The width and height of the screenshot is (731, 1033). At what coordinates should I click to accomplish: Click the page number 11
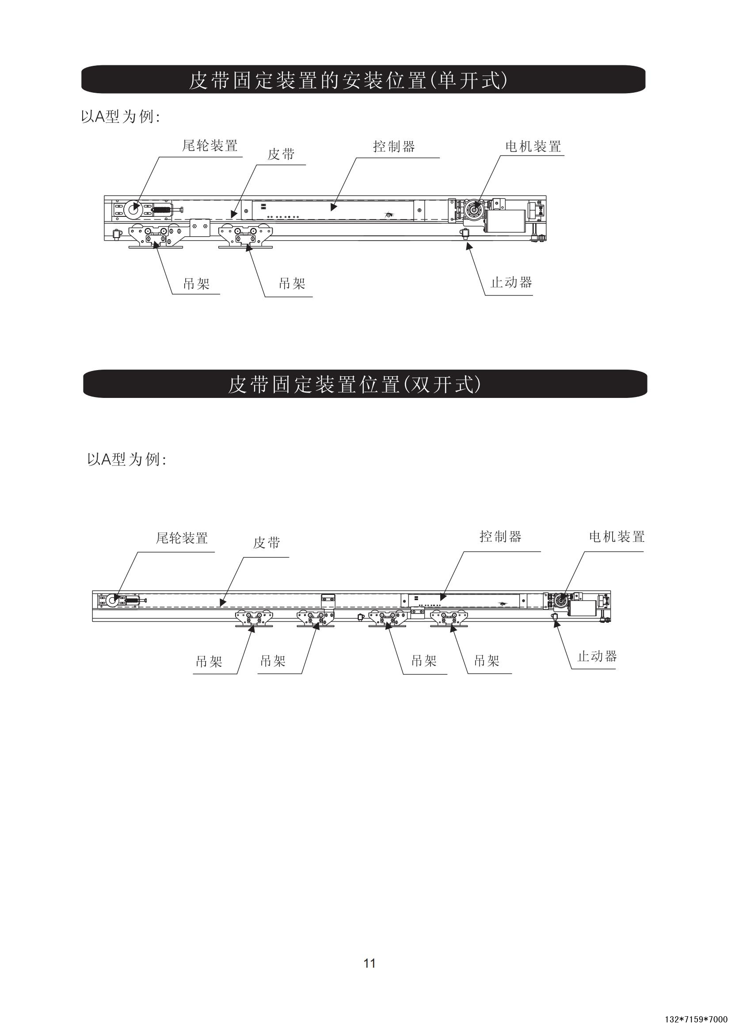(x=369, y=963)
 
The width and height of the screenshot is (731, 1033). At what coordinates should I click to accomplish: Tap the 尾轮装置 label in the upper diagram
(x=210, y=146)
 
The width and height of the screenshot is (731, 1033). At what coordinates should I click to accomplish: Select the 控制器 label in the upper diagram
(x=394, y=146)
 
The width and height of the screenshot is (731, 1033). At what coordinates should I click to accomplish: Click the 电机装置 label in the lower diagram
(x=617, y=537)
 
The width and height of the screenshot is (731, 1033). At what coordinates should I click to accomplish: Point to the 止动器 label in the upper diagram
(x=511, y=283)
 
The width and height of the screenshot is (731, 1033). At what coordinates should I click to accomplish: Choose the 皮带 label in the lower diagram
(x=267, y=543)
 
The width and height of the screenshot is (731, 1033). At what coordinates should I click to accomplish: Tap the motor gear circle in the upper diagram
(x=474, y=210)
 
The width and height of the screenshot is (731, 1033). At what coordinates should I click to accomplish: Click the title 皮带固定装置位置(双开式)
(x=354, y=385)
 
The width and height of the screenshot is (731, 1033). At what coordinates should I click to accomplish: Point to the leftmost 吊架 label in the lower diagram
(x=209, y=662)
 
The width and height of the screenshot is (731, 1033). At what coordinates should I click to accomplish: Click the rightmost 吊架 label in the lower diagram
(x=487, y=661)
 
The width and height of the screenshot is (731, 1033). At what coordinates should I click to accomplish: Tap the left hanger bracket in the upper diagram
(x=156, y=237)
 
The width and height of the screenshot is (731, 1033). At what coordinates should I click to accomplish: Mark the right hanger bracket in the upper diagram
(x=245, y=237)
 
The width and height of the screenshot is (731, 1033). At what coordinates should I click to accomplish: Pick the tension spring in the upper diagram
(x=162, y=209)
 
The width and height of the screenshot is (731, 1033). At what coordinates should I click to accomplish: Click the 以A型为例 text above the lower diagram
(x=126, y=459)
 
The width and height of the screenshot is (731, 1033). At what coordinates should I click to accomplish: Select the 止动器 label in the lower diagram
(x=597, y=656)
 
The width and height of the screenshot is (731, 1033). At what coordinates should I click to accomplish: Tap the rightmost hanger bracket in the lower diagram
(x=449, y=619)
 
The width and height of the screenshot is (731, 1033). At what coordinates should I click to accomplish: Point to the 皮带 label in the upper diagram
(x=281, y=154)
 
